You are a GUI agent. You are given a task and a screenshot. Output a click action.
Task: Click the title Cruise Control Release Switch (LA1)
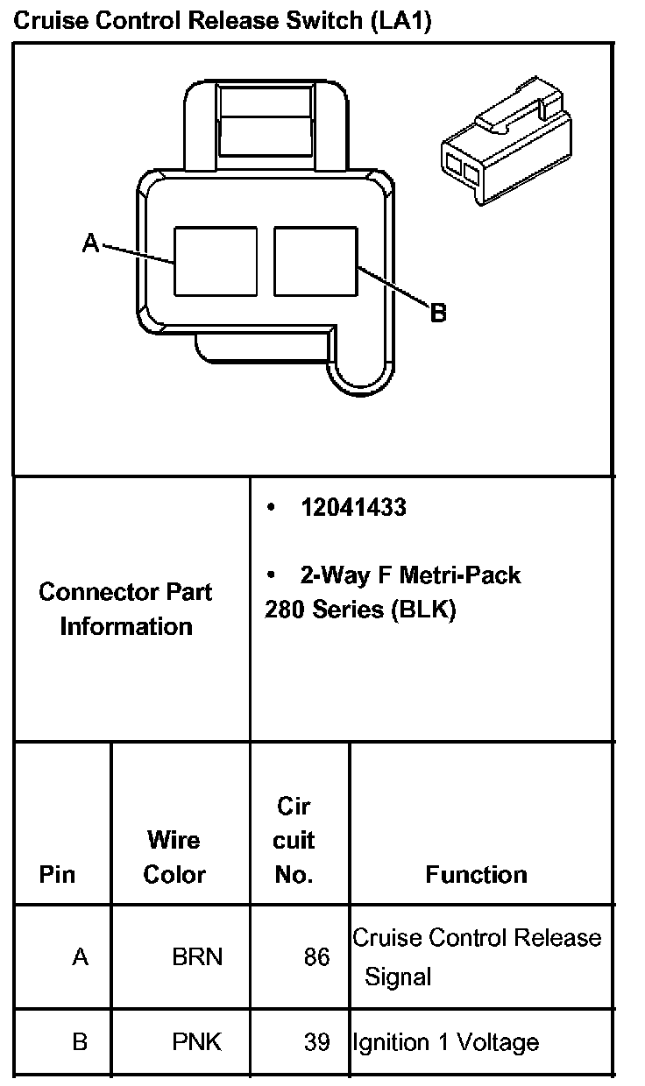222,21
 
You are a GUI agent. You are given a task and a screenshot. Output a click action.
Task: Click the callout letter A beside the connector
90,243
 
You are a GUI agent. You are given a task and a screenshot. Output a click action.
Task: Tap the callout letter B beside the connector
438,313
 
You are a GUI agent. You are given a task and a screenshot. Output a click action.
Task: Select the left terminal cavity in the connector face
216,261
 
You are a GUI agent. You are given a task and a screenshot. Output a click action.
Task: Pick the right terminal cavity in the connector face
315,261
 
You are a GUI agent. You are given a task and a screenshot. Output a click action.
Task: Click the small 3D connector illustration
507,141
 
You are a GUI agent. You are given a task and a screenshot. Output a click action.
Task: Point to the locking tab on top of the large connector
266,125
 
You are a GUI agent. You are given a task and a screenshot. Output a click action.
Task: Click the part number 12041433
353,508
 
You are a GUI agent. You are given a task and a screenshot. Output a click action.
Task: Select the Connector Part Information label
125,609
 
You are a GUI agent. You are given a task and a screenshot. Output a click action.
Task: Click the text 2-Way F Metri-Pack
410,575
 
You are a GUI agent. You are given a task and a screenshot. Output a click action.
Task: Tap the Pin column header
57,875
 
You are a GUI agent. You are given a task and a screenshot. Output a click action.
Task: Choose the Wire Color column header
174,857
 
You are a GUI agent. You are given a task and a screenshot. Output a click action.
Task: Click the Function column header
476,875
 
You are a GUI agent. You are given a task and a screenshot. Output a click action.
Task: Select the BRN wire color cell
197,957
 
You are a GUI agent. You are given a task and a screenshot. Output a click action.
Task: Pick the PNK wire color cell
197,1042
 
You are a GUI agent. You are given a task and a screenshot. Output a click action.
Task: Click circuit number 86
316,957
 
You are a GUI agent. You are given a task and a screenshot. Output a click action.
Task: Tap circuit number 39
316,1042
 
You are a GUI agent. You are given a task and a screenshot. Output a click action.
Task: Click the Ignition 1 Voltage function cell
446,1042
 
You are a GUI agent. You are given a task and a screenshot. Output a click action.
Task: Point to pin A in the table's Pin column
81,957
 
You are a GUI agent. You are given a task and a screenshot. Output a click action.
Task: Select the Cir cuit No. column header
294,841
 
